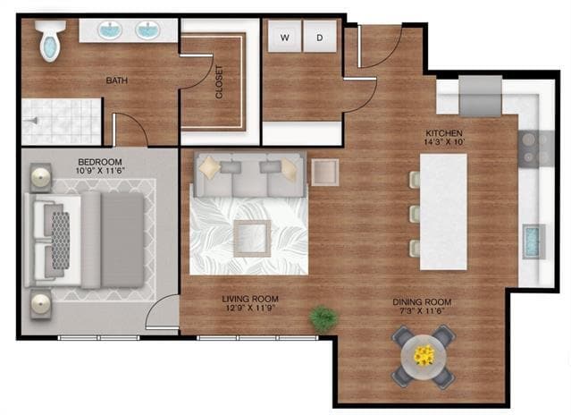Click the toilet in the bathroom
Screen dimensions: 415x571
pos(49,41)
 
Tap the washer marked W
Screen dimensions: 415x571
pos(285,38)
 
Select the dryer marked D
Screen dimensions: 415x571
pos(319,38)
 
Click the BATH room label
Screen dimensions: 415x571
pos(116,80)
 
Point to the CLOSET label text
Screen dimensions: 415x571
pos(220,81)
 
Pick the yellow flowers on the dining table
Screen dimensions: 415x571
pos(424,356)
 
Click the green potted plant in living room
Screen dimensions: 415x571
pos(323,318)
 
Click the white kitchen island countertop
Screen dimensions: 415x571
pos(443,211)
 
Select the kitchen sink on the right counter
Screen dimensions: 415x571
pos(534,241)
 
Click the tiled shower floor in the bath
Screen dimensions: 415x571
pos(61,122)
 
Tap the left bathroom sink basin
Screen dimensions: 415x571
pos(110,30)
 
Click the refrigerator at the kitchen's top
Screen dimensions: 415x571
pos(481,95)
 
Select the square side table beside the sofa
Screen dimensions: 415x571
pos(324,172)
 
